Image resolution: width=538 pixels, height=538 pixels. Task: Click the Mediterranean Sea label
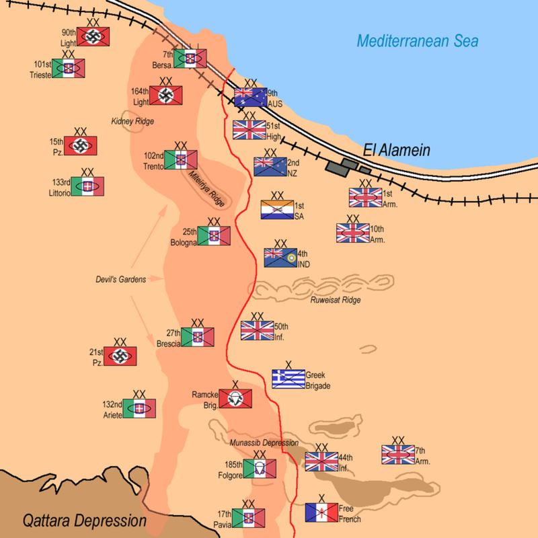(x=418, y=42)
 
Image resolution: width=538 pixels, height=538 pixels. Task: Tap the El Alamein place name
(x=396, y=150)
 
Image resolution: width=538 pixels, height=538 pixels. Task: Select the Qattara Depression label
(x=84, y=520)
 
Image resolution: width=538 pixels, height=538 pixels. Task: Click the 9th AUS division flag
(x=250, y=98)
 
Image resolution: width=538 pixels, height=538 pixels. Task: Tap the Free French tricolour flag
(x=321, y=513)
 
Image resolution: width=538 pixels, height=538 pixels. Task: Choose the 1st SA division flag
(x=277, y=210)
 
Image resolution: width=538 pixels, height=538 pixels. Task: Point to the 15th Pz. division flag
(x=80, y=146)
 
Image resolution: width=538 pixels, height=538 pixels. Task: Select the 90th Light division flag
(x=93, y=36)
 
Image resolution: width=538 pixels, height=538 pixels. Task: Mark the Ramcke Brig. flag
(x=235, y=399)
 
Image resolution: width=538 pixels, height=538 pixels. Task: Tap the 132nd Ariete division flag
(x=139, y=409)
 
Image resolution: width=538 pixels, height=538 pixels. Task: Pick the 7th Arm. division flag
(x=397, y=455)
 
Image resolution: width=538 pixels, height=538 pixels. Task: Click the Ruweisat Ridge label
(x=336, y=300)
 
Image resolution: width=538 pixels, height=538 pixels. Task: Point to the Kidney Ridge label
(x=132, y=121)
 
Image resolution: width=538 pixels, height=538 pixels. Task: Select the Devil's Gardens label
(x=120, y=279)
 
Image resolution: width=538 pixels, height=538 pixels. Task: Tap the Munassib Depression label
(x=263, y=443)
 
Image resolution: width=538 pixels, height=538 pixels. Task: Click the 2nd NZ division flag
(x=270, y=166)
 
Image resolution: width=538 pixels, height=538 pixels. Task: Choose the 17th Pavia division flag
(x=248, y=518)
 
